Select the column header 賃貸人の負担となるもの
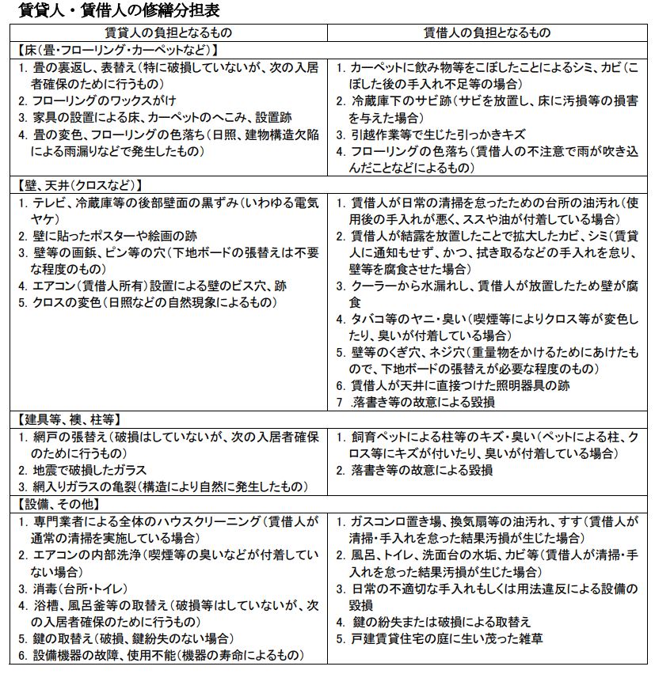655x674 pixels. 168,33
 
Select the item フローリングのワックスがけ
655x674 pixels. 104,101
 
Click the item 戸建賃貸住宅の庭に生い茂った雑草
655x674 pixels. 449,638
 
